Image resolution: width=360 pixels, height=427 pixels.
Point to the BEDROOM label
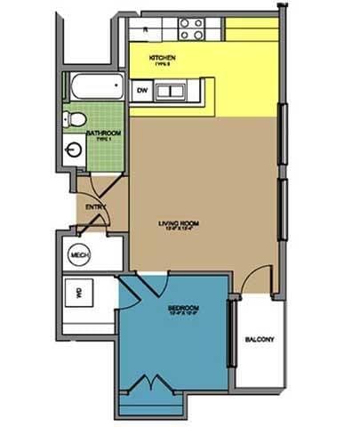(182, 310)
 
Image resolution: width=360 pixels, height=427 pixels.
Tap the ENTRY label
(95, 207)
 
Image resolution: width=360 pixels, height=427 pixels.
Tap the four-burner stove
(192, 29)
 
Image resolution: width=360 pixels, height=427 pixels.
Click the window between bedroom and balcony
(233, 334)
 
